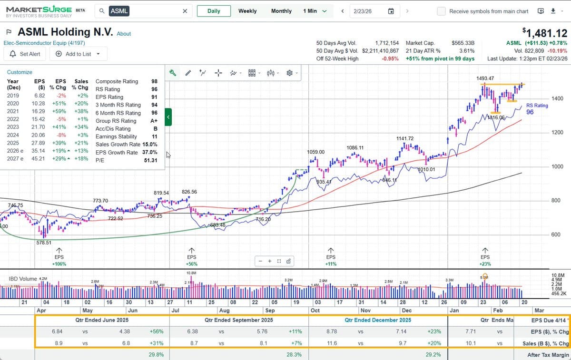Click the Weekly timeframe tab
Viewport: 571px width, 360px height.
coord(247,11)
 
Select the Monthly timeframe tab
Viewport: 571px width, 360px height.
coord(281,11)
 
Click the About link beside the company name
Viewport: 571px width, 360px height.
coord(124,34)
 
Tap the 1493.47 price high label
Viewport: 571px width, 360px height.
coord(485,78)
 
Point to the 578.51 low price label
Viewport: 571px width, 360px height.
coord(45,243)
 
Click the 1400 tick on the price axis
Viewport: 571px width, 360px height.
coord(557,98)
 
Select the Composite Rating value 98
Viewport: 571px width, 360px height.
coord(153,81)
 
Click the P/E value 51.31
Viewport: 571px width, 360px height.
coord(150,160)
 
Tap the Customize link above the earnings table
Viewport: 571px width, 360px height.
coord(20,72)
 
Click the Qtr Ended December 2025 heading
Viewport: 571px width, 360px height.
coord(378,320)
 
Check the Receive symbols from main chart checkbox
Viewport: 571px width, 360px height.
coord(442,11)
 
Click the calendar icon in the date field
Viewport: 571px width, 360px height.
coord(391,11)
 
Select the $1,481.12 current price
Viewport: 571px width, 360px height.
coord(545,33)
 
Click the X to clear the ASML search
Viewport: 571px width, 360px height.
coord(185,11)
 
